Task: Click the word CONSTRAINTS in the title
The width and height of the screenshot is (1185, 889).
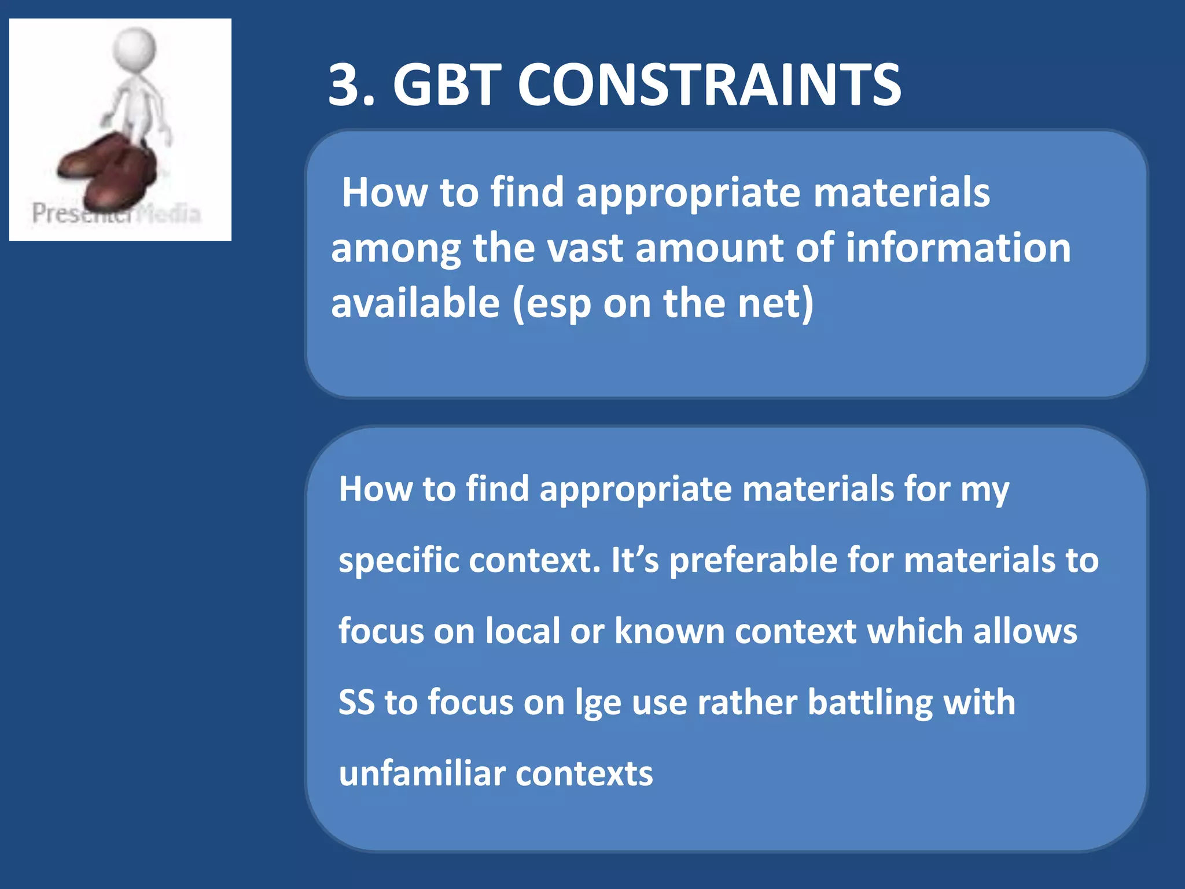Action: pyautogui.click(x=709, y=86)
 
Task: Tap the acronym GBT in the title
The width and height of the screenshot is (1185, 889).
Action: pyautogui.click(x=446, y=86)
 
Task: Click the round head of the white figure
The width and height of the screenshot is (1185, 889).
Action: pyautogui.click(x=134, y=48)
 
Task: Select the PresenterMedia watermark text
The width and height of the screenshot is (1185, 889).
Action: pyautogui.click(x=116, y=214)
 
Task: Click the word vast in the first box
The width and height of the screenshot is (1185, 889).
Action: pyautogui.click(x=584, y=248)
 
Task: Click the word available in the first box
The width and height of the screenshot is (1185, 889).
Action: pyautogui.click(x=415, y=303)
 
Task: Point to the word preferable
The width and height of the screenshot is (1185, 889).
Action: pyautogui.click(x=753, y=560)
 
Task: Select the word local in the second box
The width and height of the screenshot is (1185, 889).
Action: pyautogui.click(x=522, y=631)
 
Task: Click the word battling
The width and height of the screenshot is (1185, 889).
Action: pyautogui.click(x=869, y=703)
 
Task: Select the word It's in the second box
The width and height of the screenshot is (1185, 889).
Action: pyautogui.click(x=634, y=560)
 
